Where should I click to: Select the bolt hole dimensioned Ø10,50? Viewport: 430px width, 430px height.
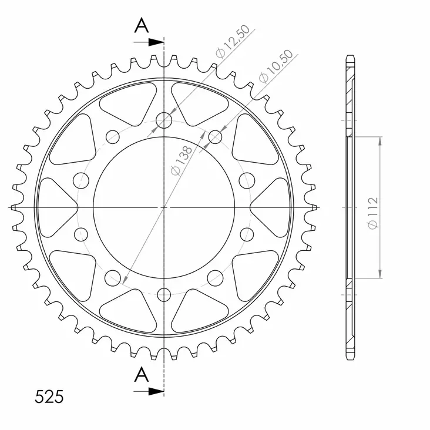[x=216, y=137]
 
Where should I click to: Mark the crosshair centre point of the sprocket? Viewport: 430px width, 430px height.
[x=164, y=207]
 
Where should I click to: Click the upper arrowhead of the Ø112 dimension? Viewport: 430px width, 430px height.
[x=381, y=140]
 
